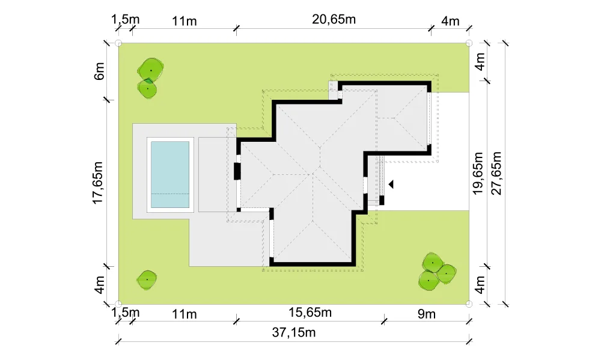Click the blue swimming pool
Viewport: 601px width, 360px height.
point(170,174)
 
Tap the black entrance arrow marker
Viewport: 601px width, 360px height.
point(391,185)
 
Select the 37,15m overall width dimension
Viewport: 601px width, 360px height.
point(294,332)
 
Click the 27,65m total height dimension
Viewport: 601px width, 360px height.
point(496,173)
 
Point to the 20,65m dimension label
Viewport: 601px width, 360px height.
point(334,19)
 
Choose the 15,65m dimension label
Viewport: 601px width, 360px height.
point(310,313)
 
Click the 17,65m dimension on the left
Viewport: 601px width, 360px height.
point(98,183)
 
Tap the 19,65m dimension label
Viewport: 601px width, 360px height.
point(478,173)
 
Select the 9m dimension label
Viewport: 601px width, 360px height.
point(427,314)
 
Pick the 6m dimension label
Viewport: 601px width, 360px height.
point(99,71)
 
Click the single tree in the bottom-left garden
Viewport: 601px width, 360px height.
point(147,280)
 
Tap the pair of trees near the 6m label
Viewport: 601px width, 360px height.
point(150,78)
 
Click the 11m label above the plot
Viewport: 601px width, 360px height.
point(184,21)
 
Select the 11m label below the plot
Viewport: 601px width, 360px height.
point(184,314)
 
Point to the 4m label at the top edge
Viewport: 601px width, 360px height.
point(450,21)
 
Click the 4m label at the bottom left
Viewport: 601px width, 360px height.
point(99,285)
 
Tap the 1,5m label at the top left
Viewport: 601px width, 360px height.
point(126,19)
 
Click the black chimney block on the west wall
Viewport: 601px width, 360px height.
point(237,171)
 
